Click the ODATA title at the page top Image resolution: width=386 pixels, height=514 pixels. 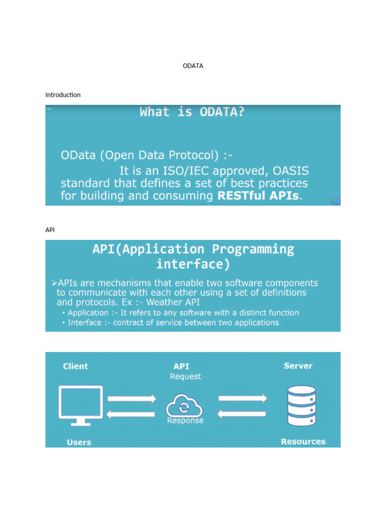click(193, 66)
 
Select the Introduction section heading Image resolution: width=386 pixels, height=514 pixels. click(63, 95)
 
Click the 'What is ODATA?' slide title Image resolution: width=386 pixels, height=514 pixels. click(192, 112)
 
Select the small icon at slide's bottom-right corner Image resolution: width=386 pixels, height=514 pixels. click(337, 201)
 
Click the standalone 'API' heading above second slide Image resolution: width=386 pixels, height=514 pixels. click(50, 229)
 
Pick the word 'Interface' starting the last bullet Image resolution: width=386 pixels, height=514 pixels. click(84, 323)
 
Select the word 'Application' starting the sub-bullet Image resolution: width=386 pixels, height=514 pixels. click(89, 313)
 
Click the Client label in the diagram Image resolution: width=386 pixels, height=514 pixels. click(75, 366)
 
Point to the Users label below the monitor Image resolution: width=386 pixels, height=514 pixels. click(79, 442)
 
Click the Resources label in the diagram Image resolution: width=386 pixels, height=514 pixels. click(303, 442)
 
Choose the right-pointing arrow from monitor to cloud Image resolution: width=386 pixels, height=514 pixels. click(132, 399)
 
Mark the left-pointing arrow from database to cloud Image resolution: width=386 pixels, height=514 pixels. click(242, 414)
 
